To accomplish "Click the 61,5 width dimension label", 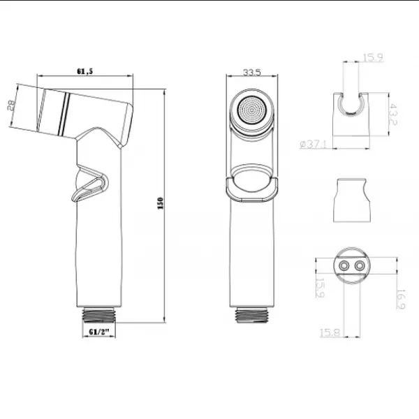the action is (x=85, y=71).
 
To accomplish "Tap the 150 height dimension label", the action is (x=161, y=203).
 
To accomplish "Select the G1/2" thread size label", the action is (x=99, y=332).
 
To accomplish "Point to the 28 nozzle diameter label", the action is (x=10, y=105).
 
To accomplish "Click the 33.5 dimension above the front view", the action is (x=251, y=72).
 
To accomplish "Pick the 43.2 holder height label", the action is (x=392, y=115).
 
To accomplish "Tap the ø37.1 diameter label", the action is (x=313, y=145).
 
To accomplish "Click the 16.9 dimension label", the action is (x=400, y=300).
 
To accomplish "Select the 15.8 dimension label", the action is (x=330, y=332).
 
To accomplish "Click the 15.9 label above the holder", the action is (x=373, y=57).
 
